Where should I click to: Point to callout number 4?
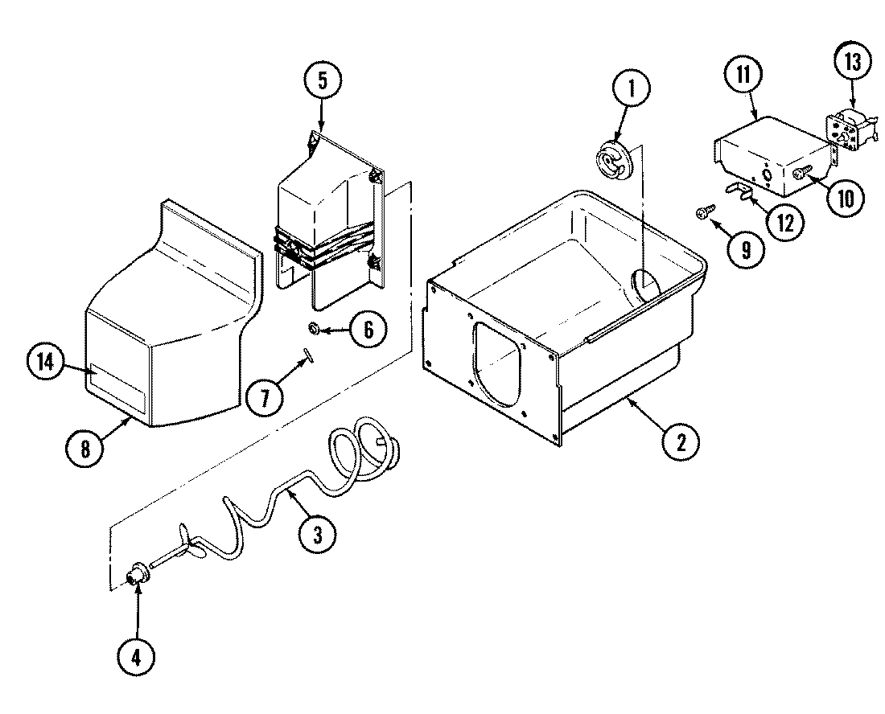135,656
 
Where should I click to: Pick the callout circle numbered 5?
323,80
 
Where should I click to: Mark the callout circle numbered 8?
85,449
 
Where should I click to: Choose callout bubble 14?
45,363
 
